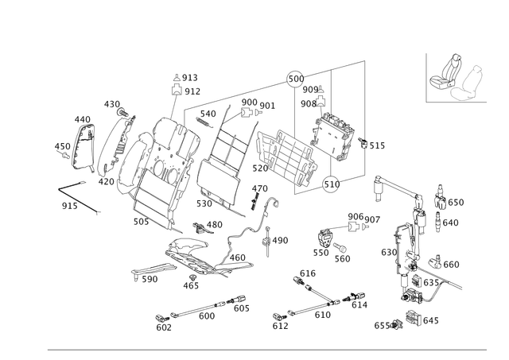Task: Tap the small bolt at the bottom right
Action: [414, 319]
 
